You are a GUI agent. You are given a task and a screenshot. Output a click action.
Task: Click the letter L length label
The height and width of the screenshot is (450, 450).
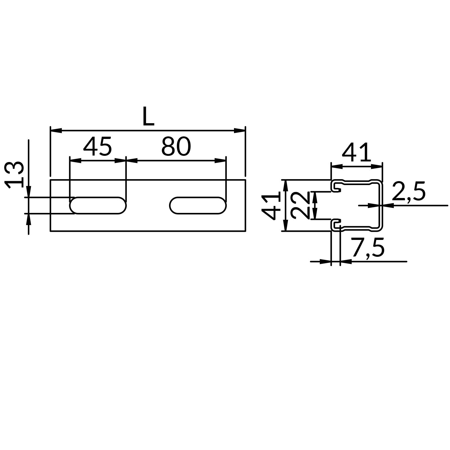pos(148,116)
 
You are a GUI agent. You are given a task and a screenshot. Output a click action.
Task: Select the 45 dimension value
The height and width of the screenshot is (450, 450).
pos(97,147)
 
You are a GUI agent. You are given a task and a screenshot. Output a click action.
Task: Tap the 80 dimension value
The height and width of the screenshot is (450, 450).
pos(176,147)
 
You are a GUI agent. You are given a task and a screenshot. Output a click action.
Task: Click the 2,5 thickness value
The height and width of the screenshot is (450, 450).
pos(408,192)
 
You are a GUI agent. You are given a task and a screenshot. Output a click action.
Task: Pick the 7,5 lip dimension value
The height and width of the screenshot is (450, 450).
pos(368,248)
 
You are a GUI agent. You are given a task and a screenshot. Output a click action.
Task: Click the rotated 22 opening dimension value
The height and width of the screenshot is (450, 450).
pos(300,205)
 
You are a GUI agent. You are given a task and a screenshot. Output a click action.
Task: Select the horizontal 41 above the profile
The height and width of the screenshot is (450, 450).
pos(356,153)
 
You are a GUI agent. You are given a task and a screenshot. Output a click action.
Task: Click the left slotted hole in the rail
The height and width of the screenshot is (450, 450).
pos(98,206)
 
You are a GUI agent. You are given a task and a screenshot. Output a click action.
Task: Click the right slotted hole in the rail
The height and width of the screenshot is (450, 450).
pos(198,206)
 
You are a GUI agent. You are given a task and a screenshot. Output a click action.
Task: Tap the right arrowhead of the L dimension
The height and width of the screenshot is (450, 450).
pos(240,130)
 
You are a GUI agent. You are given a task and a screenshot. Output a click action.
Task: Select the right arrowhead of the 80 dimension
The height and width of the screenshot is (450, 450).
pos(220,161)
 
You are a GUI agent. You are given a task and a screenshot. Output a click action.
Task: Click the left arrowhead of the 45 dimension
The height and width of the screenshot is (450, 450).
pos(75,161)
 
